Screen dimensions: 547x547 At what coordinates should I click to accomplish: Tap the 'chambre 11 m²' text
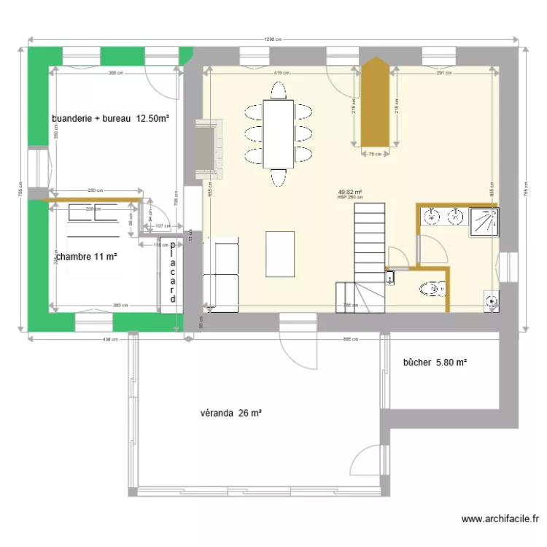pyautogui.click(x=87, y=256)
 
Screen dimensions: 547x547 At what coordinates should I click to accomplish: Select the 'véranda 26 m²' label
pyautogui.click(x=230, y=414)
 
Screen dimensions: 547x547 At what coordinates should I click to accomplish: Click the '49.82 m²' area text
pyautogui.click(x=350, y=193)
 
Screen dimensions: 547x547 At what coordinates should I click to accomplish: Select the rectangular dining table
pyautogui.click(x=277, y=133)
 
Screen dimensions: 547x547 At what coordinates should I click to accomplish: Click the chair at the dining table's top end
pyautogui.click(x=277, y=90)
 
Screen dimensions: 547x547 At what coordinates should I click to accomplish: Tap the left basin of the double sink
pyautogui.click(x=432, y=216)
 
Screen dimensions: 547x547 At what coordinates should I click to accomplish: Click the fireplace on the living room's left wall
pyautogui.click(x=205, y=148)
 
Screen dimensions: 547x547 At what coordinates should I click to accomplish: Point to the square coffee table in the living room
pyautogui.click(x=281, y=254)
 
